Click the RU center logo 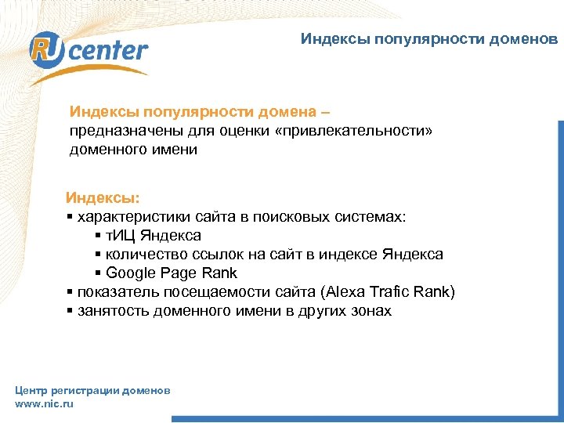point(88,52)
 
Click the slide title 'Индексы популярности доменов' point(430,38)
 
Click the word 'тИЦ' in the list point(121,235)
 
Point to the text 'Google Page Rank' point(171,273)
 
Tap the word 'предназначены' point(116,130)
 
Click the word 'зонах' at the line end point(370,311)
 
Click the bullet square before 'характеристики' point(70,216)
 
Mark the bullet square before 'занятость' point(70,312)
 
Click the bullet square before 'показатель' point(70,293)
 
